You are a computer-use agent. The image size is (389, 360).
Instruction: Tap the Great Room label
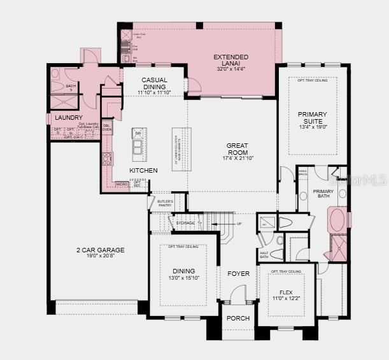237,145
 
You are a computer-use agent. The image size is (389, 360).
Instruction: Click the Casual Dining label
154,83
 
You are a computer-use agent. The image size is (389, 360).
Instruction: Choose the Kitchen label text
143,171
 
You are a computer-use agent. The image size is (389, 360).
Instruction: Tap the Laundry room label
68,118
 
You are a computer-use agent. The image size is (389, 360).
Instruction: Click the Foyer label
239,273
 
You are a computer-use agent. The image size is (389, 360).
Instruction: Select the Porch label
238,318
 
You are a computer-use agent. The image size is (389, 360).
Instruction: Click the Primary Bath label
323,194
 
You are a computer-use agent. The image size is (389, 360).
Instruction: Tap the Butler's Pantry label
165,203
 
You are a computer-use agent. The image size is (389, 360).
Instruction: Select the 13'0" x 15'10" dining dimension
183,277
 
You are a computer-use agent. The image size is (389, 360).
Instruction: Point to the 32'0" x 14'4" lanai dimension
230,69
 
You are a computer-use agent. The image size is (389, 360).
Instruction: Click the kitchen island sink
138,149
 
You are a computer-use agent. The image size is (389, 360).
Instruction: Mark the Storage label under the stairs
186,223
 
